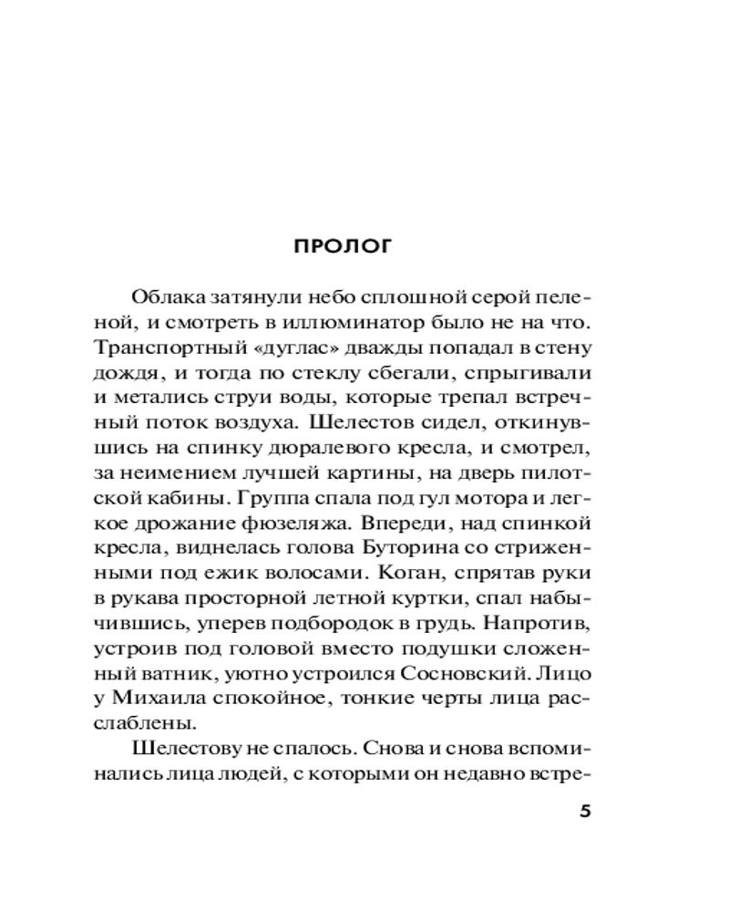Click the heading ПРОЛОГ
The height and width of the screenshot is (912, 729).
point(343,247)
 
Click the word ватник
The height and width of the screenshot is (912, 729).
point(159,676)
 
